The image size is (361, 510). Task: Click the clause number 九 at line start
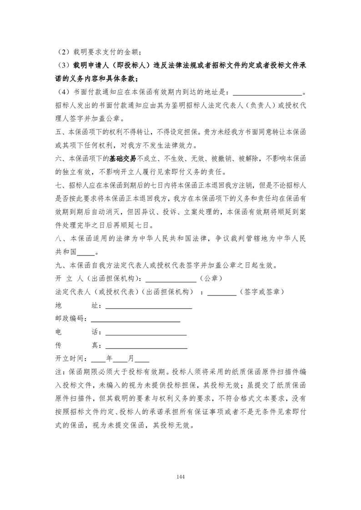[57, 265]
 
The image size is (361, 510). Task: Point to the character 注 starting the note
[57, 372]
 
